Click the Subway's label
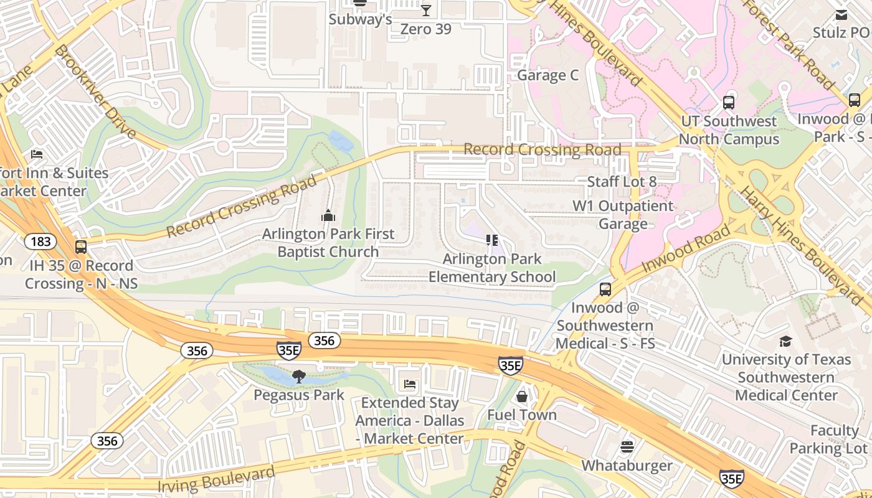coord(360,20)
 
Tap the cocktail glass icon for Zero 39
coord(426,10)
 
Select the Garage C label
coord(548,75)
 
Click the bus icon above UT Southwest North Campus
coord(729,103)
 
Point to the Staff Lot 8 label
coord(622,182)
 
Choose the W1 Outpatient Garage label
coord(623,215)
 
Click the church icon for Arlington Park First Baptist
coord(328,216)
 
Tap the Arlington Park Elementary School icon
coord(492,240)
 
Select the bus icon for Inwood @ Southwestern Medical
coord(605,289)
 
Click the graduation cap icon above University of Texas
coord(785,341)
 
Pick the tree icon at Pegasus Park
coord(299,376)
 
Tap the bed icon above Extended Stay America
coord(410,384)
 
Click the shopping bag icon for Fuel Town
coord(522,397)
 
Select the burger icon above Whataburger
coord(627,447)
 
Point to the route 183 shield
coord(41,242)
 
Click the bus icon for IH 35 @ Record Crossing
coord(81,247)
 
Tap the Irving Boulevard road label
coord(216,479)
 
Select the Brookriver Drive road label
coord(95,92)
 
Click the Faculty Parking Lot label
coord(828,439)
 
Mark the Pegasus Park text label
coord(299,395)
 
